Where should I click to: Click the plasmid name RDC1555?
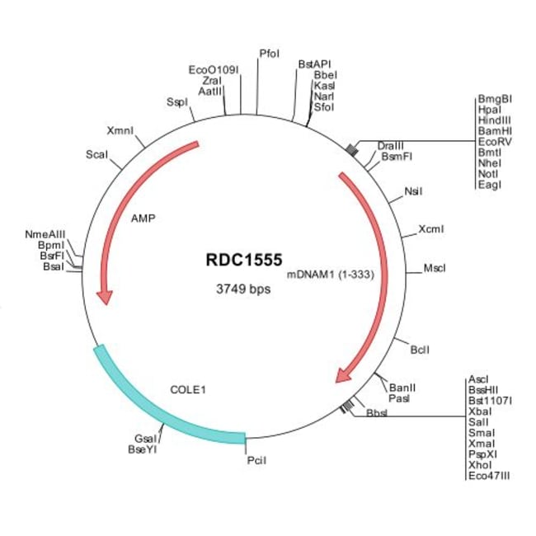[x=244, y=260]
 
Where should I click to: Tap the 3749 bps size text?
[x=243, y=289]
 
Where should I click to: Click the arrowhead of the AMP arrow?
[x=105, y=297]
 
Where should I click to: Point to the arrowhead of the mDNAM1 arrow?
[x=344, y=375]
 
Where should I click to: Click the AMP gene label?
[x=143, y=218]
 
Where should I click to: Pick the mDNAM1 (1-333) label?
[x=330, y=275]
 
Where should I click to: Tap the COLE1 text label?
[x=188, y=390]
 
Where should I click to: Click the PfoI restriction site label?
[x=270, y=54]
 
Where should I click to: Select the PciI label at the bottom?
[x=256, y=460]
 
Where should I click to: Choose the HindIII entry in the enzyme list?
[x=494, y=120]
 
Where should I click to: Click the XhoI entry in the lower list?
[x=480, y=465]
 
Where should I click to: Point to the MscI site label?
[x=435, y=268]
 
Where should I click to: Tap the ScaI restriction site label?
[x=96, y=154]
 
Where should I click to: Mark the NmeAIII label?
[x=45, y=234]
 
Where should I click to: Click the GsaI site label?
[x=145, y=439]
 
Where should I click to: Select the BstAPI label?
[x=314, y=64]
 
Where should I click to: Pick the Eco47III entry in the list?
[x=489, y=476]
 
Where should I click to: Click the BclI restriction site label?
[x=420, y=350]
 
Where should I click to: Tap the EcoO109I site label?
[x=214, y=70]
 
